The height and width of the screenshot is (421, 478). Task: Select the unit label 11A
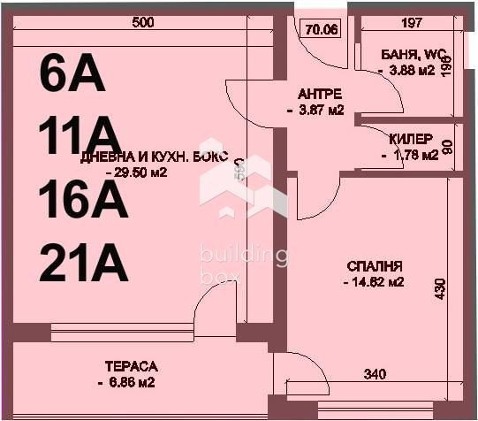(x=79, y=138)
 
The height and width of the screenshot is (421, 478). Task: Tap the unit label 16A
(x=84, y=201)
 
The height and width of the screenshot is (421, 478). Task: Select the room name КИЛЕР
(x=411, y=140)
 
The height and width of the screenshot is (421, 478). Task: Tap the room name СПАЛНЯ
(x=375, y=266)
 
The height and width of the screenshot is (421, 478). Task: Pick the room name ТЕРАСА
(x=131, y=366)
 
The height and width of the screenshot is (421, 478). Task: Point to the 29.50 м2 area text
(x=136, y=173)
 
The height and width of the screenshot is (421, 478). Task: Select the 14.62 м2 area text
(x=374, y=283)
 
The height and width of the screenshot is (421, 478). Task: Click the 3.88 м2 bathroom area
(x=406, y=71)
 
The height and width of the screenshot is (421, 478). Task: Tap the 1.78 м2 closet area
(x=410, y=156)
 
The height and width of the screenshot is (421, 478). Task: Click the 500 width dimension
(x=143, y=23)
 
